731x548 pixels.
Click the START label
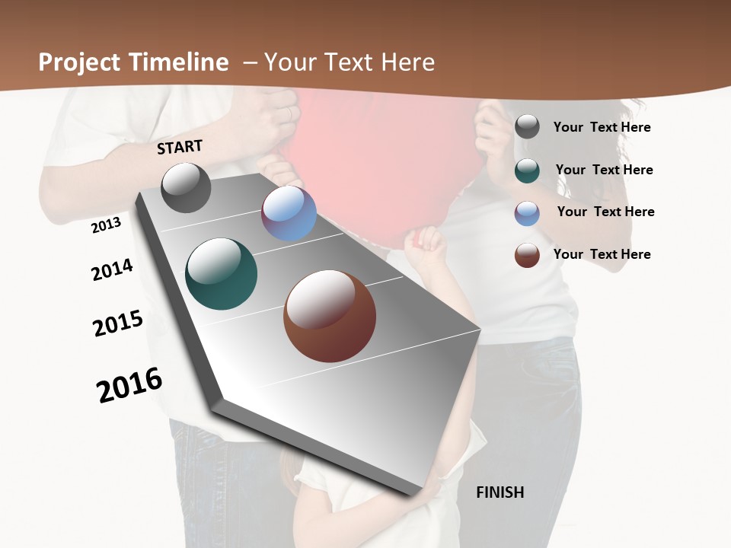[x=180, y=147]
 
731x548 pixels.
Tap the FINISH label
[x=500, y=492]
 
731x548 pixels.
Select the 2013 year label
[x=107, y=225]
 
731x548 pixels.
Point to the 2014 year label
[x=112, y=269]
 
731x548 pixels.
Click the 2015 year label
[x=118, y=323]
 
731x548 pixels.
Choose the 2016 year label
[x=129, y=384]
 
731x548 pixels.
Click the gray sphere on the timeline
[x=186, y=188]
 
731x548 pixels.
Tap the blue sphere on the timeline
[x=289, y=213]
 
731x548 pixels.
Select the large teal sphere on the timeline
[x=221, y=274]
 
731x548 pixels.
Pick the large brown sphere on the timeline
[x=330, y=316]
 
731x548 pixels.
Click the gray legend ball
[x=527, y=127]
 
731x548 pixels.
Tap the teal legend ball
[x=527, y=170]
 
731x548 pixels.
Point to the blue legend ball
[x=527, y=212]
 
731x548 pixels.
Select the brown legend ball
[x=527, y=255]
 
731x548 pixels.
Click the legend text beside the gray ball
[x=602, y=127]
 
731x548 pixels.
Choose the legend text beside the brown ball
[x=602, y=254]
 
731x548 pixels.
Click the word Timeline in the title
[x=179, y=62]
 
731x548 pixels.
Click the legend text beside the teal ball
[x=604, y=170]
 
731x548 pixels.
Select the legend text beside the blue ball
[x=605, y=212]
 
